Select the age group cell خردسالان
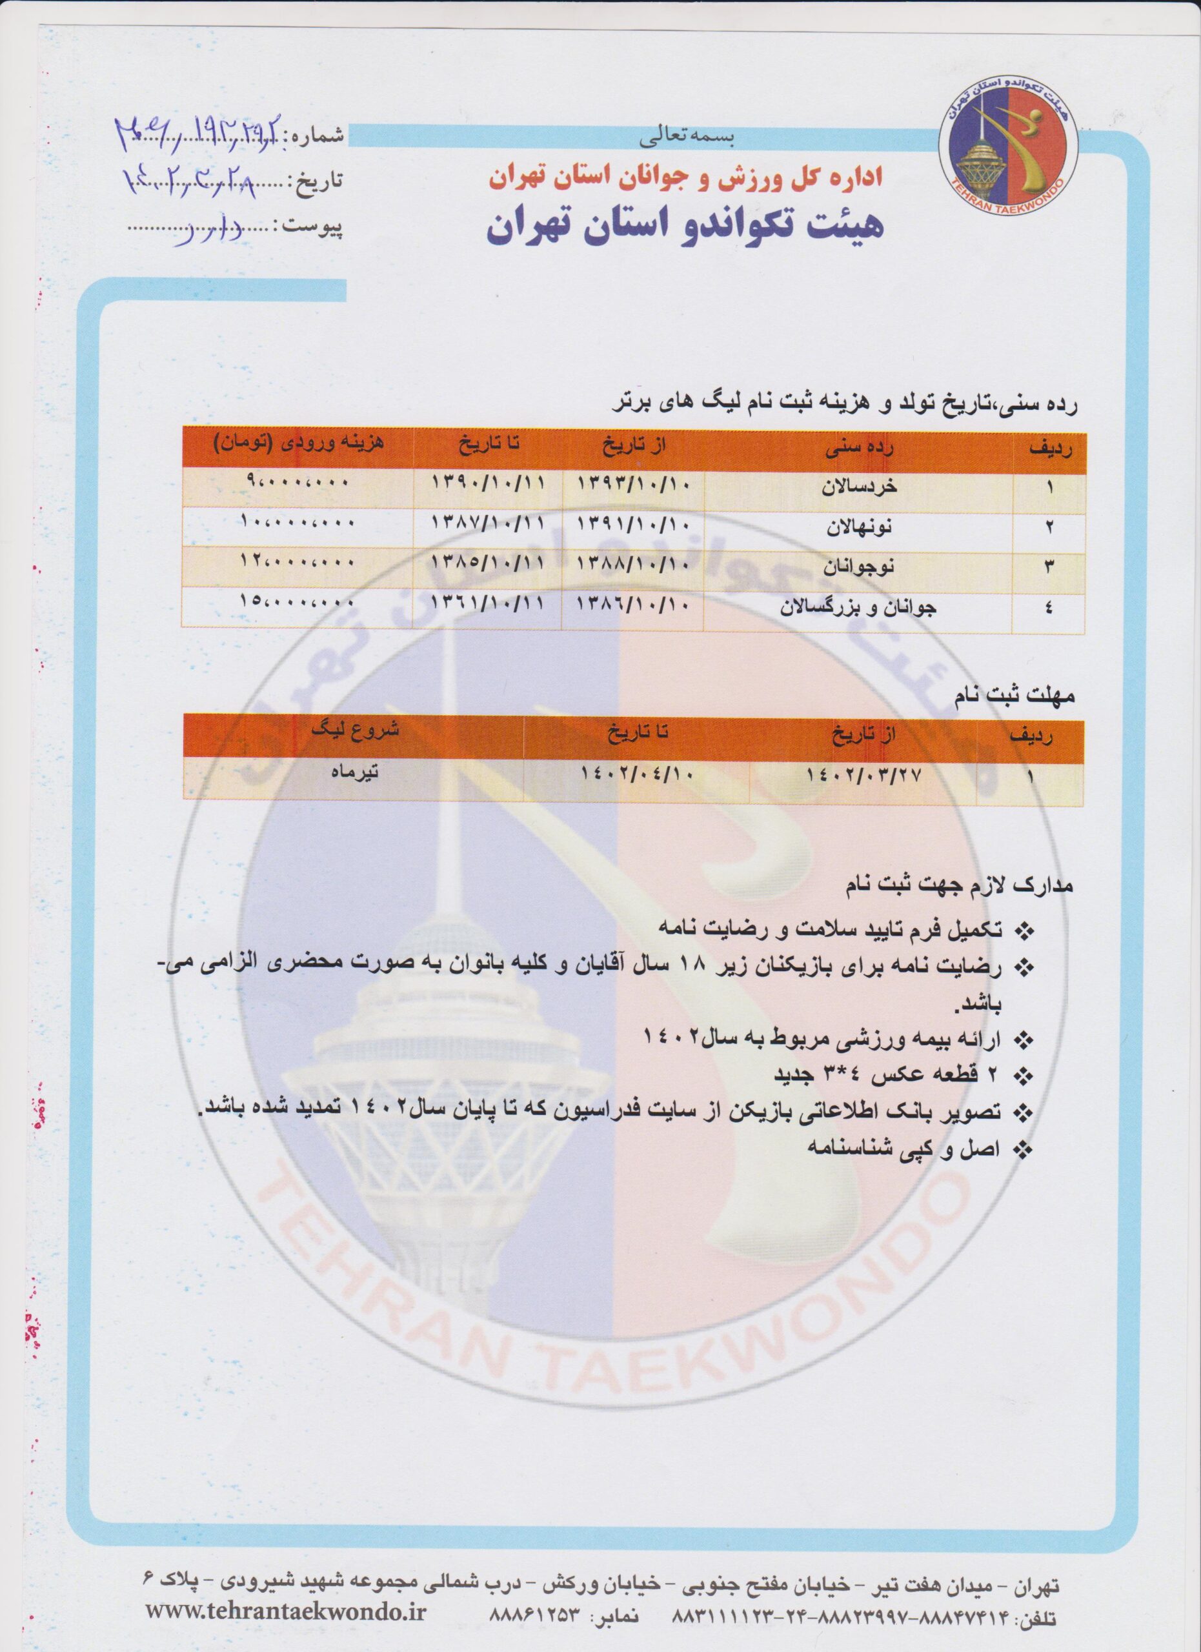tap(860, 487)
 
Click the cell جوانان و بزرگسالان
tap(859, 607)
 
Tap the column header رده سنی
tap(860, 449)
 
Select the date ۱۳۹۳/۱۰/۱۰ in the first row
tap(633, 483)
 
